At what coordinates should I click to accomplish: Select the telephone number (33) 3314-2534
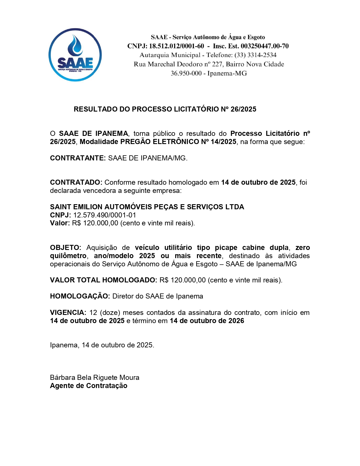(x=255, y=55)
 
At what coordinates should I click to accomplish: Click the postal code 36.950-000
(x=186, y=73)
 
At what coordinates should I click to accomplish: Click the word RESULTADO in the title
(x=95, y=109)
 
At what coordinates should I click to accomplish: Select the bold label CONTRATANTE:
(x=78, y=158)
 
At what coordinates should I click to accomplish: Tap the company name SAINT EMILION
(x=76, y=207)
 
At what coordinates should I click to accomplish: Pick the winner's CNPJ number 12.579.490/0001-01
(x=104, y=215)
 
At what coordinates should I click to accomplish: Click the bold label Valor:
(x=60, y=223)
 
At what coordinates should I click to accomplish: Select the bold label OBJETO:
(x=66, y=248)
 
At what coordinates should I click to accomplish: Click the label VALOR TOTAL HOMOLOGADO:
(x=103, y=280)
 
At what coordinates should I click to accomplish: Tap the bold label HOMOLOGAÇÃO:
(x=80, y=296)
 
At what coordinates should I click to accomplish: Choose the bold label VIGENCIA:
(x=68, y=313)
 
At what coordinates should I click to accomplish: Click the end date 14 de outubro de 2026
(x=207, y=321)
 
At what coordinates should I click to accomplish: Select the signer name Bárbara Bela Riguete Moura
(x=95, y=378)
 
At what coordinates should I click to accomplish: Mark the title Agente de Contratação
(x=89, y=386)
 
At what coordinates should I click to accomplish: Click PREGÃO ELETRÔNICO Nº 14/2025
(x=178, y=142)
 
